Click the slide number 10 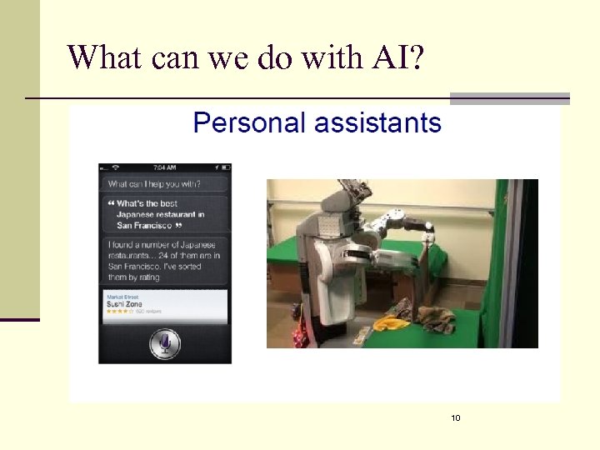point(455,417)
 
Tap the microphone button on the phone point(165,342)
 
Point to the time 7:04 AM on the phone point(165,168)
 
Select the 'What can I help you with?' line point(154,183)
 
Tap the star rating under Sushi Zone point(118,312)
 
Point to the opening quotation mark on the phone point(110,203)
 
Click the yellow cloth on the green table point(390,322)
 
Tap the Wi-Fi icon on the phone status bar point(117,168)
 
